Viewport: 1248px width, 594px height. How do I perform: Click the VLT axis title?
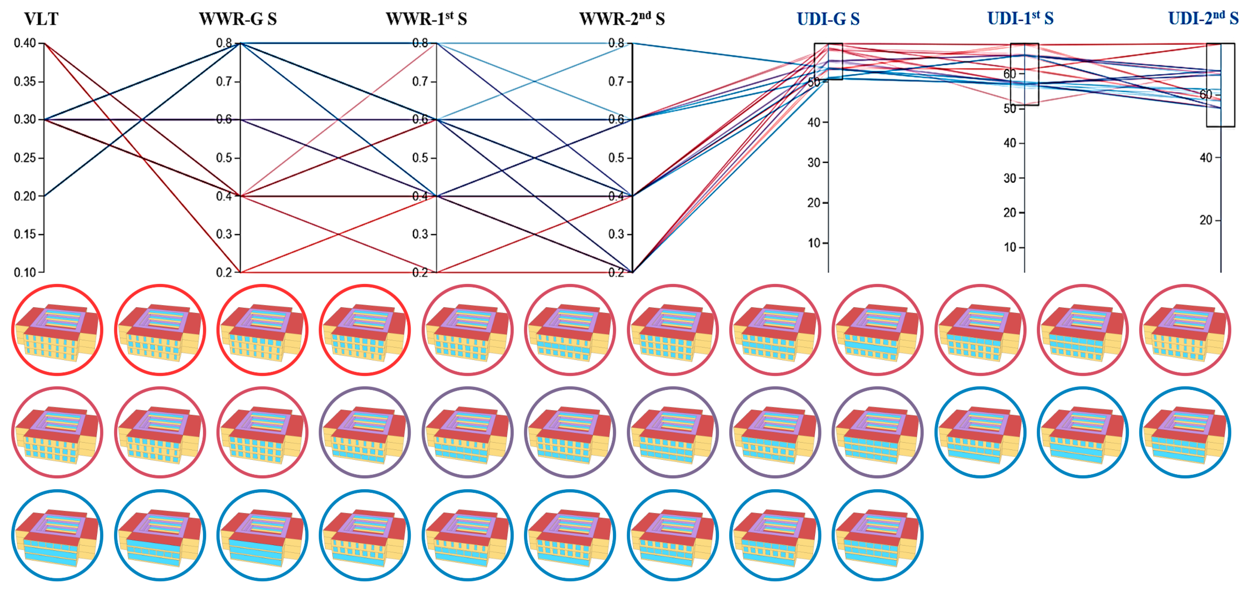tap(41, 19)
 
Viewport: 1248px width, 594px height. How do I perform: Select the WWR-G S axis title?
tap(238, 19)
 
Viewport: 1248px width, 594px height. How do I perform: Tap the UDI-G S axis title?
tap(828, 19)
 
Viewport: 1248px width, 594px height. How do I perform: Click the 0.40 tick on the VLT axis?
tap(25, 43)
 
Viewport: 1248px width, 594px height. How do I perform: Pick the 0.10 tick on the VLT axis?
tap(25, 272)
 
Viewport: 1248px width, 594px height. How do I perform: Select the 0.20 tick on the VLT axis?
tap(25, 196)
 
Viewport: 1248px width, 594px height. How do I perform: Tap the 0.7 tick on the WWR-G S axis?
tap(224, 81)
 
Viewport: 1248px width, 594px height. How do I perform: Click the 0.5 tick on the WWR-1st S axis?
tap(420, 158)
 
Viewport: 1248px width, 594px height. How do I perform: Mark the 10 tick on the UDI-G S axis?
tap(814, 243)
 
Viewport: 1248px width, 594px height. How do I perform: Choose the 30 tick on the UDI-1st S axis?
tap(1010, 178)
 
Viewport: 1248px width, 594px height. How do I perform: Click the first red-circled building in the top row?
tap(57, 330)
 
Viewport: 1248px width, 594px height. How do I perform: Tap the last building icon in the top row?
tap(1185, 330)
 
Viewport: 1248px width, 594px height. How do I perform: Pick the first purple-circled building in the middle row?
tap(365, 432)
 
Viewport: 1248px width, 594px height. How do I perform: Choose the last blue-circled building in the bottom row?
tap(877, 535)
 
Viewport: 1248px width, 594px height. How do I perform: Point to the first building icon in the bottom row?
tap(57, 535)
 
